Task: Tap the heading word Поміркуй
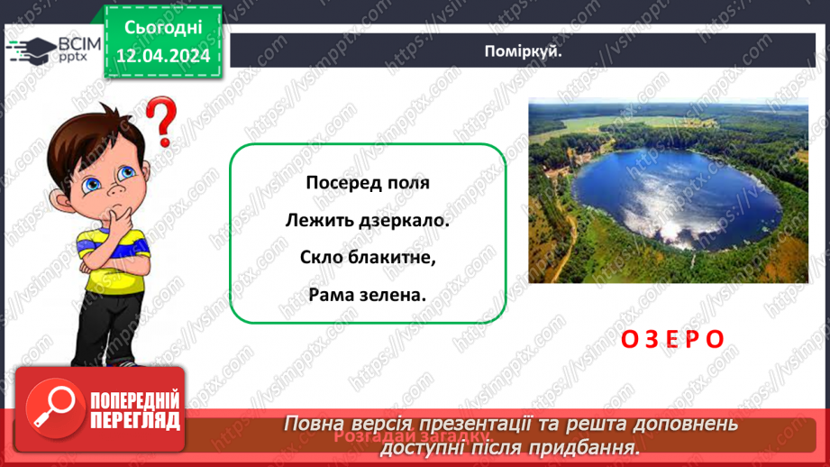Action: coord(523,50)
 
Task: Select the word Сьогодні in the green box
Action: coord(162,28)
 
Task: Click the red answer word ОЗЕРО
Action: coord(672,339)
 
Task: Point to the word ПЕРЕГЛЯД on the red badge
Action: coord(136,420)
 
